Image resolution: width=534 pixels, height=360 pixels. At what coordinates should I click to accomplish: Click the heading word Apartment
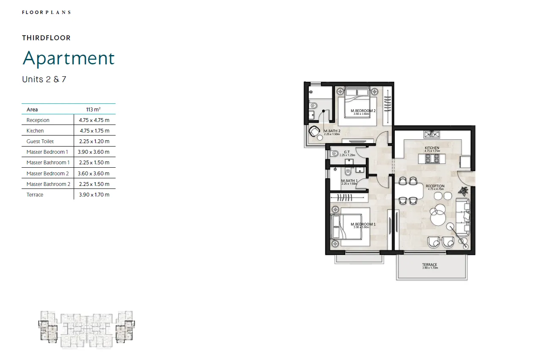tap(69, 58)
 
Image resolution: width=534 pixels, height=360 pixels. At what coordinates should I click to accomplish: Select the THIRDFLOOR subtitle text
tap(46, 38)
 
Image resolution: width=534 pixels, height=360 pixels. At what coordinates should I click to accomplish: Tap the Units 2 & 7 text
tap(44, 79)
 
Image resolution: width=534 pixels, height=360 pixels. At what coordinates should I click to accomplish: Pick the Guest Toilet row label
tap(40, 141)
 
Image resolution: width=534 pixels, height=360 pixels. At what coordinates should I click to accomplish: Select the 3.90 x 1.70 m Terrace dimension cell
tap(94, 195)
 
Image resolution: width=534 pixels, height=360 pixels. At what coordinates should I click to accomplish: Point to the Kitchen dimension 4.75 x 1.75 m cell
tap(94, 131)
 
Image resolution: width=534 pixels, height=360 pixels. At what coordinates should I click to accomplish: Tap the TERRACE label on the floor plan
tap(429, 265)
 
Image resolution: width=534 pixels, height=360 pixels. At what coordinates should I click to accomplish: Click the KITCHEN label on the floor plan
tap(432, 148)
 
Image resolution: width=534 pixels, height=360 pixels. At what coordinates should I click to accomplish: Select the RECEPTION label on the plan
tap(435, 186)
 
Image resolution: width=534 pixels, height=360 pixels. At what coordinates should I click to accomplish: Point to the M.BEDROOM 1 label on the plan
tap(360, 224)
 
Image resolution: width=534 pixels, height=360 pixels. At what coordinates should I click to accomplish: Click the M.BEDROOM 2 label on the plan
tap(363, 111)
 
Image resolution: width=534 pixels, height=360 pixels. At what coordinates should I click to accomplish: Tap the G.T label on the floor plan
tap(346, 152)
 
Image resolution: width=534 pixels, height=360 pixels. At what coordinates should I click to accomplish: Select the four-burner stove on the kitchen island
tap(432, 159)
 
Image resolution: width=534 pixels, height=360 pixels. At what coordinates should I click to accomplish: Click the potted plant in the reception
tap(464, 191)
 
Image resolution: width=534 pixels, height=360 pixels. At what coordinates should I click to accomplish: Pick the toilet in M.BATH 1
tap(348, 172)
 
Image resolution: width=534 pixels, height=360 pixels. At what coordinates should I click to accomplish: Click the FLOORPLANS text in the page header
tap(46, 12)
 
